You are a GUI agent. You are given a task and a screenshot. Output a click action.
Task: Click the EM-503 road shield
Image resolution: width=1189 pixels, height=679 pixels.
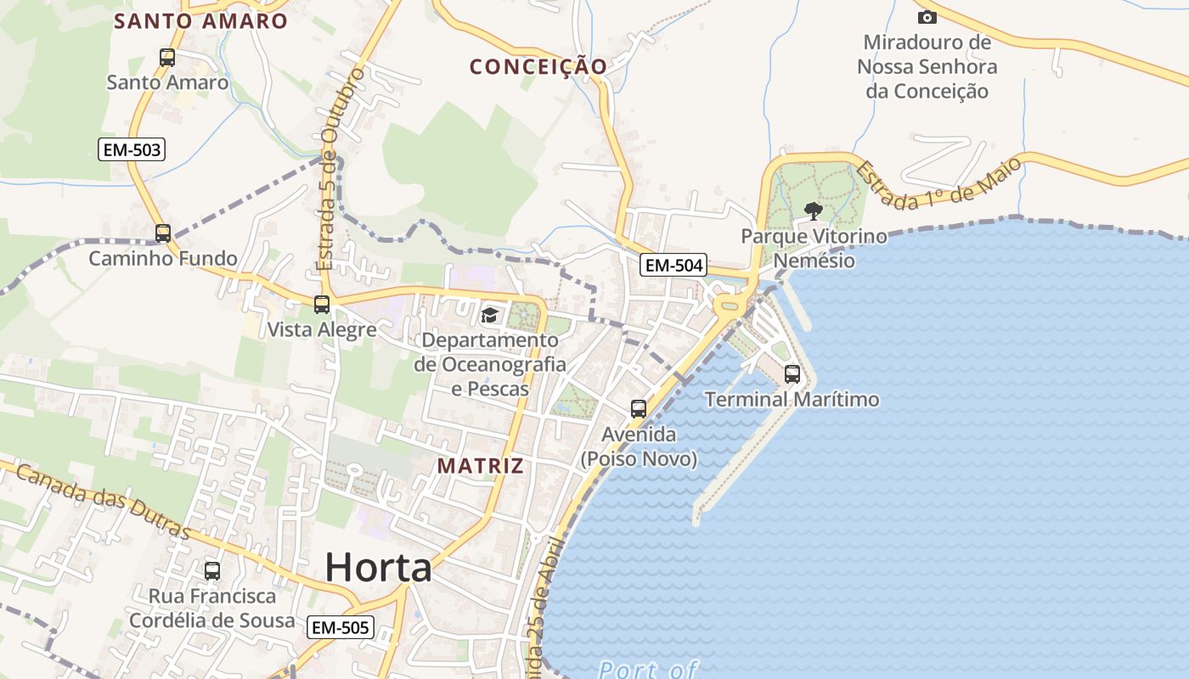131,150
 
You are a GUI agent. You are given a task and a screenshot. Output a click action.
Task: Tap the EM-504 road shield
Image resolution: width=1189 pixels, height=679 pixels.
673,266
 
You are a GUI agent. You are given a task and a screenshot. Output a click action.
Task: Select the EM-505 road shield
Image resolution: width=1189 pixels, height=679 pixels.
340,627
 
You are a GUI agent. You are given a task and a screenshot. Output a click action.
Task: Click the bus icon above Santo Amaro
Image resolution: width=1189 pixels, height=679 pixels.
167,58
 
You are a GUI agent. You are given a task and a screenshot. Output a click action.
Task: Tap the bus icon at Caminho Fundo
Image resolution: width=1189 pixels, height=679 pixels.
163,233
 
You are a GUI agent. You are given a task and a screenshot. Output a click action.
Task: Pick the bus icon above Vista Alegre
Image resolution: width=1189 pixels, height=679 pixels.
322,304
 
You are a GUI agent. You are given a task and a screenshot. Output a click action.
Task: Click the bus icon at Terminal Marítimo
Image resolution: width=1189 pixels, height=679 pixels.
792,373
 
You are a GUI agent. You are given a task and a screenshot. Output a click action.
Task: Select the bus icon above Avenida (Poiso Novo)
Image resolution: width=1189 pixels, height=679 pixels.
639,409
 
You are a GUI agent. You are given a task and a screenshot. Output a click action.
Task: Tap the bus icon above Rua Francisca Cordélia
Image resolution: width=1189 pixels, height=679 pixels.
212,571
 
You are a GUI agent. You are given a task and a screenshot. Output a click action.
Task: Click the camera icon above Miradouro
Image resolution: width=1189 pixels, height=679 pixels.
927,17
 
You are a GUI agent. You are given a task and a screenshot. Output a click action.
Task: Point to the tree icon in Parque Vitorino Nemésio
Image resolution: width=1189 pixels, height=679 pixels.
814,210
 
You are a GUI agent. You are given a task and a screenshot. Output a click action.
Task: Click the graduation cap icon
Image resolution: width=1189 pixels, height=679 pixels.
490,316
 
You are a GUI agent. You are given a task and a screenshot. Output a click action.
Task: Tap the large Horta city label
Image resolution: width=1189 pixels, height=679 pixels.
379,567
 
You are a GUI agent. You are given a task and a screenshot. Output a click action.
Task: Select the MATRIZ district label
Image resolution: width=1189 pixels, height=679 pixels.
480,466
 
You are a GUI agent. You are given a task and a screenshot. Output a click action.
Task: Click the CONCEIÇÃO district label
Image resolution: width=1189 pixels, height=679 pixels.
538,66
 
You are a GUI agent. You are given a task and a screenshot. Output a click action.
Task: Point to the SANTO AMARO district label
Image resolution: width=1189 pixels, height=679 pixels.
201,21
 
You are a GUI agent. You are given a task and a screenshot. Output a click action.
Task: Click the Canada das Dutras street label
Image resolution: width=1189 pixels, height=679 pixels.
103,501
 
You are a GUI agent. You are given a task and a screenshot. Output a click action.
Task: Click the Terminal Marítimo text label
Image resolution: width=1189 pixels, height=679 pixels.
792,399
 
